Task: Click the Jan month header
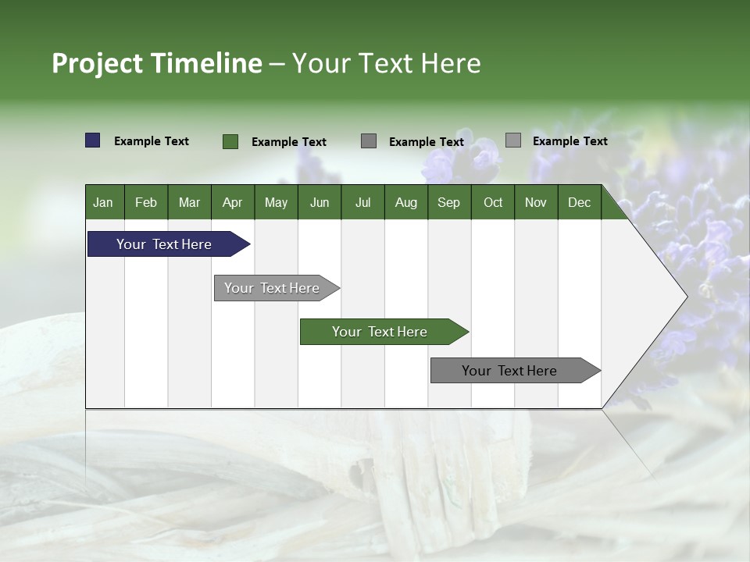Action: [103, 202]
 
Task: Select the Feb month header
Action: [146, 202]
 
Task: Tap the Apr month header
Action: [232, 202]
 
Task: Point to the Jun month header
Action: [320, 202]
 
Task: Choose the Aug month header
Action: [405, 202]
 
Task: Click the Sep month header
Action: [448, 202]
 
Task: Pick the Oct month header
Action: [493, 202]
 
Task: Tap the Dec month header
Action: [579, 202]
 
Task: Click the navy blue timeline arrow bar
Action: [164, 244]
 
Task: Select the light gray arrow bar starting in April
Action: [272, 288]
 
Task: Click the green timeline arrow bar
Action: [380, 332]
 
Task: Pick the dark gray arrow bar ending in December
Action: [509, 371]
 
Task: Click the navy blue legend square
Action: [92, 140]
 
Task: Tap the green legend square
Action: [230, 141]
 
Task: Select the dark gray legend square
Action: [369, 141]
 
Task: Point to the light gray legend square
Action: [512, 140]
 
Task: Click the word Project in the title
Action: [98, 63]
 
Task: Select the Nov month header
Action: [536, 202]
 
